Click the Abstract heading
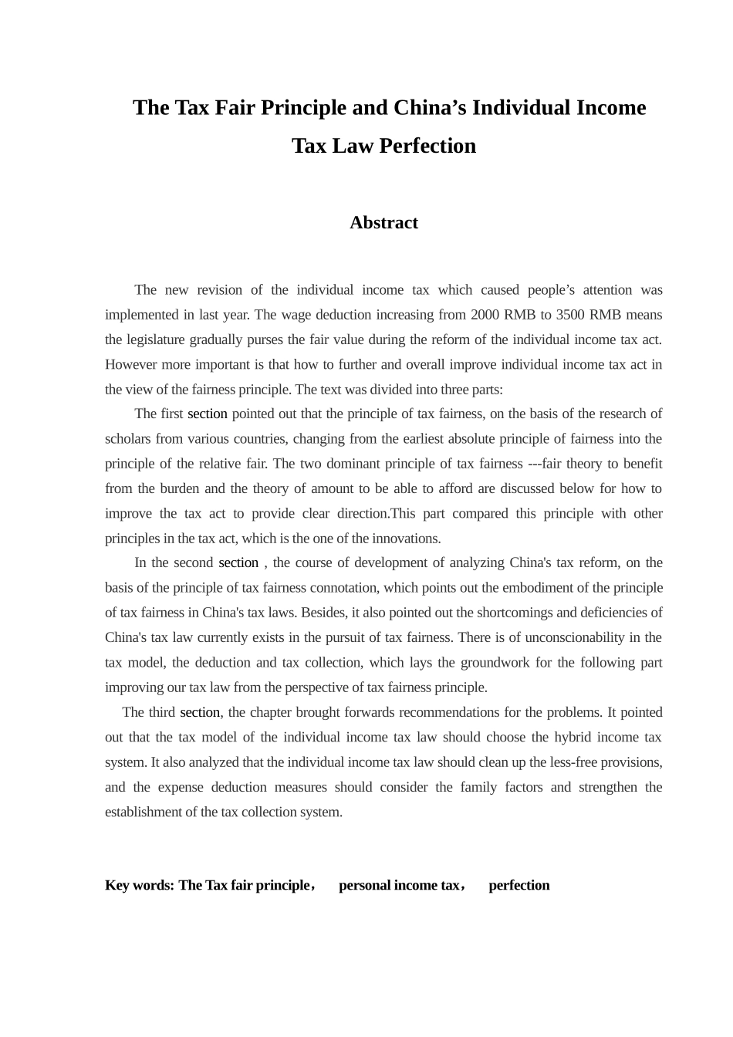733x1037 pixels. coord(383,223)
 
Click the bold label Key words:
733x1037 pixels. coord(139,886)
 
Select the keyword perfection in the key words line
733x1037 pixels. coord(519,886)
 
